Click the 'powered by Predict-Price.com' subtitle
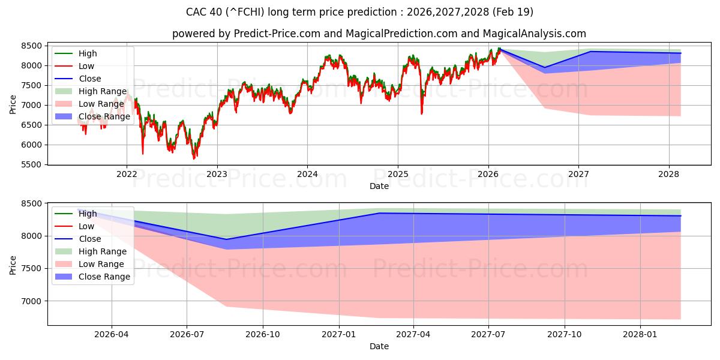tap(379, 34)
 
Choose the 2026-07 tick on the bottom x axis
tap(187, 335)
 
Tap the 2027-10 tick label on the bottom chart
tap(565, 335)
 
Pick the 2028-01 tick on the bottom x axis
tap(641, 335)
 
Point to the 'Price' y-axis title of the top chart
tap(13, 104)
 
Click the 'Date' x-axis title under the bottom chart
tap(379, 346)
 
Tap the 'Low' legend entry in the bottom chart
tap(86, 226)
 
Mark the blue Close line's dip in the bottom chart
tap(226, 239)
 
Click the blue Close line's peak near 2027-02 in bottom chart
tap(379, 213)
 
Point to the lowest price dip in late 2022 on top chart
tap(194, 158)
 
